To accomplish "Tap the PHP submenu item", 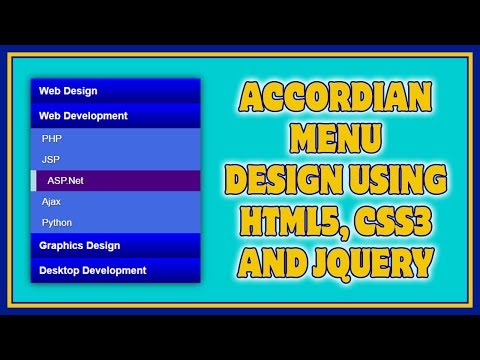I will coord(52,138).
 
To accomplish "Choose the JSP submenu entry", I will coord(51,159).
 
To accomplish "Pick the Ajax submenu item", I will coord(51,201).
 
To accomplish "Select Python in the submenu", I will coord(57,222).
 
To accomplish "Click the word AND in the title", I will coord(268,263).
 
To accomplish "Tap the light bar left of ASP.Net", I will coord(35,180).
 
